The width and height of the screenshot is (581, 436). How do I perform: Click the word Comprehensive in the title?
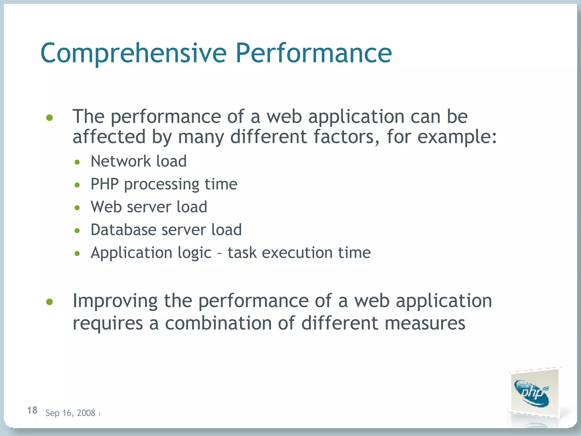pos(133,53)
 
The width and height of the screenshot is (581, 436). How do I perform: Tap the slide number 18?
pos(32,410)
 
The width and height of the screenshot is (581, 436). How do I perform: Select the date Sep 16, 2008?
pos(70,413)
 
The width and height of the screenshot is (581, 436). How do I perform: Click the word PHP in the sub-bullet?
pos(104,184)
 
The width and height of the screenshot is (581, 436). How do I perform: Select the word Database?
pos(123,230)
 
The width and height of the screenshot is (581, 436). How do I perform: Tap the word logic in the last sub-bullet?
pos(194,253)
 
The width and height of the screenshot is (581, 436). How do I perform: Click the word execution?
pos(297,253)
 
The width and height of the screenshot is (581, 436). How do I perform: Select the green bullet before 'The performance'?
pos(50,118)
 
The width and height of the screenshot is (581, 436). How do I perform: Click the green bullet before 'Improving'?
pos(50,302)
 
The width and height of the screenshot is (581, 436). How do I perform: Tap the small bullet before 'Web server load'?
pos(77,208)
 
